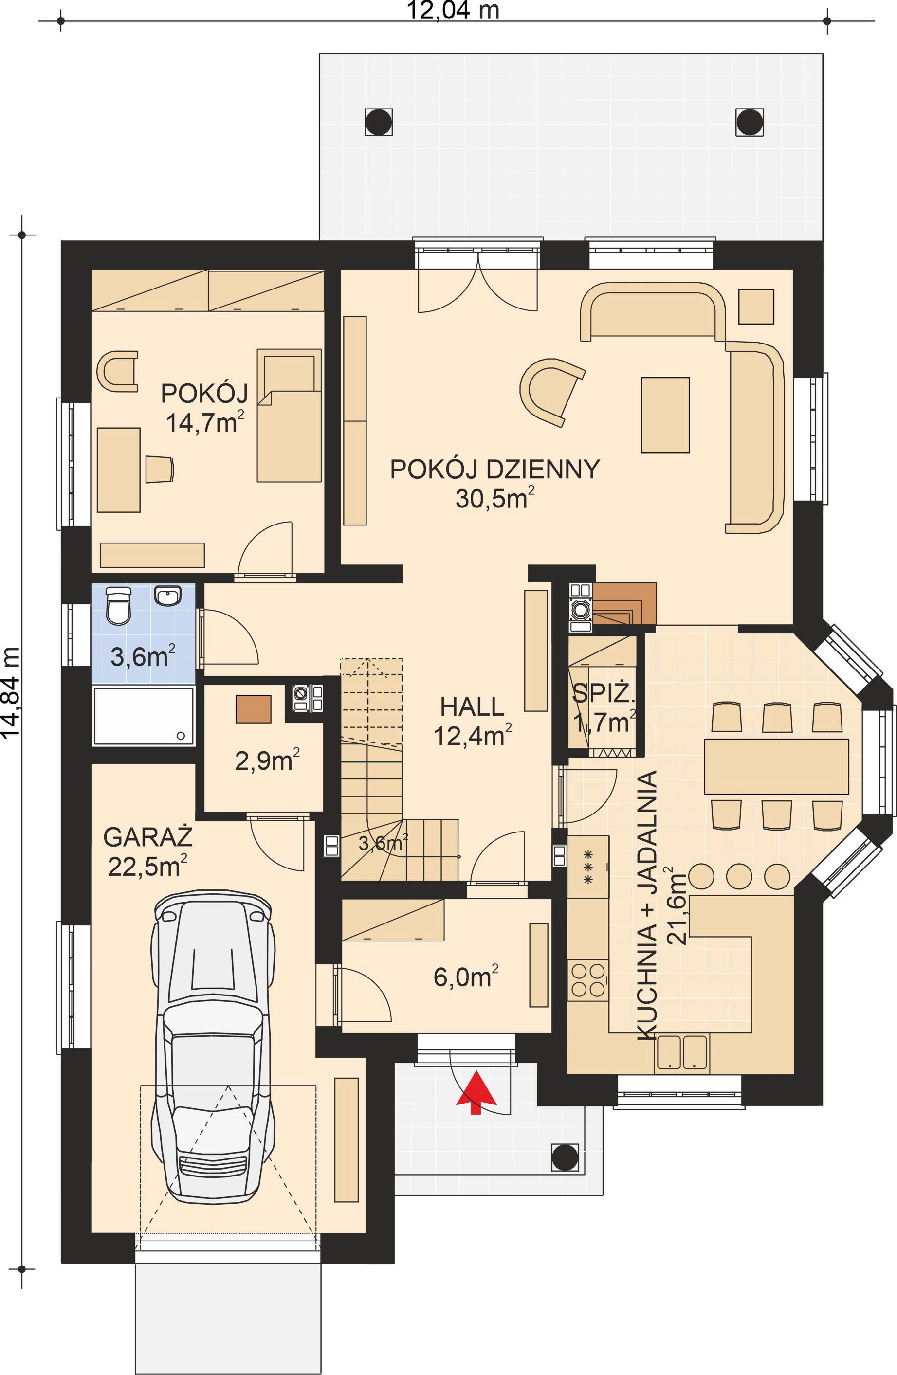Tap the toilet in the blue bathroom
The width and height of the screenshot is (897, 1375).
click(x=119, y=605)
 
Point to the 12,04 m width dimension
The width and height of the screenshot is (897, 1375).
click(x=453, y=10)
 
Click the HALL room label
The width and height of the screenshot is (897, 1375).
click(x=472, y=706)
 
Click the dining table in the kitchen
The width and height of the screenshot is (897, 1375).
click(x=776, y=766)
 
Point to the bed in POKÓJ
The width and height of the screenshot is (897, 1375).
click(x=289, y=415)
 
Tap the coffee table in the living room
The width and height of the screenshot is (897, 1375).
click(x=665, y=415)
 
